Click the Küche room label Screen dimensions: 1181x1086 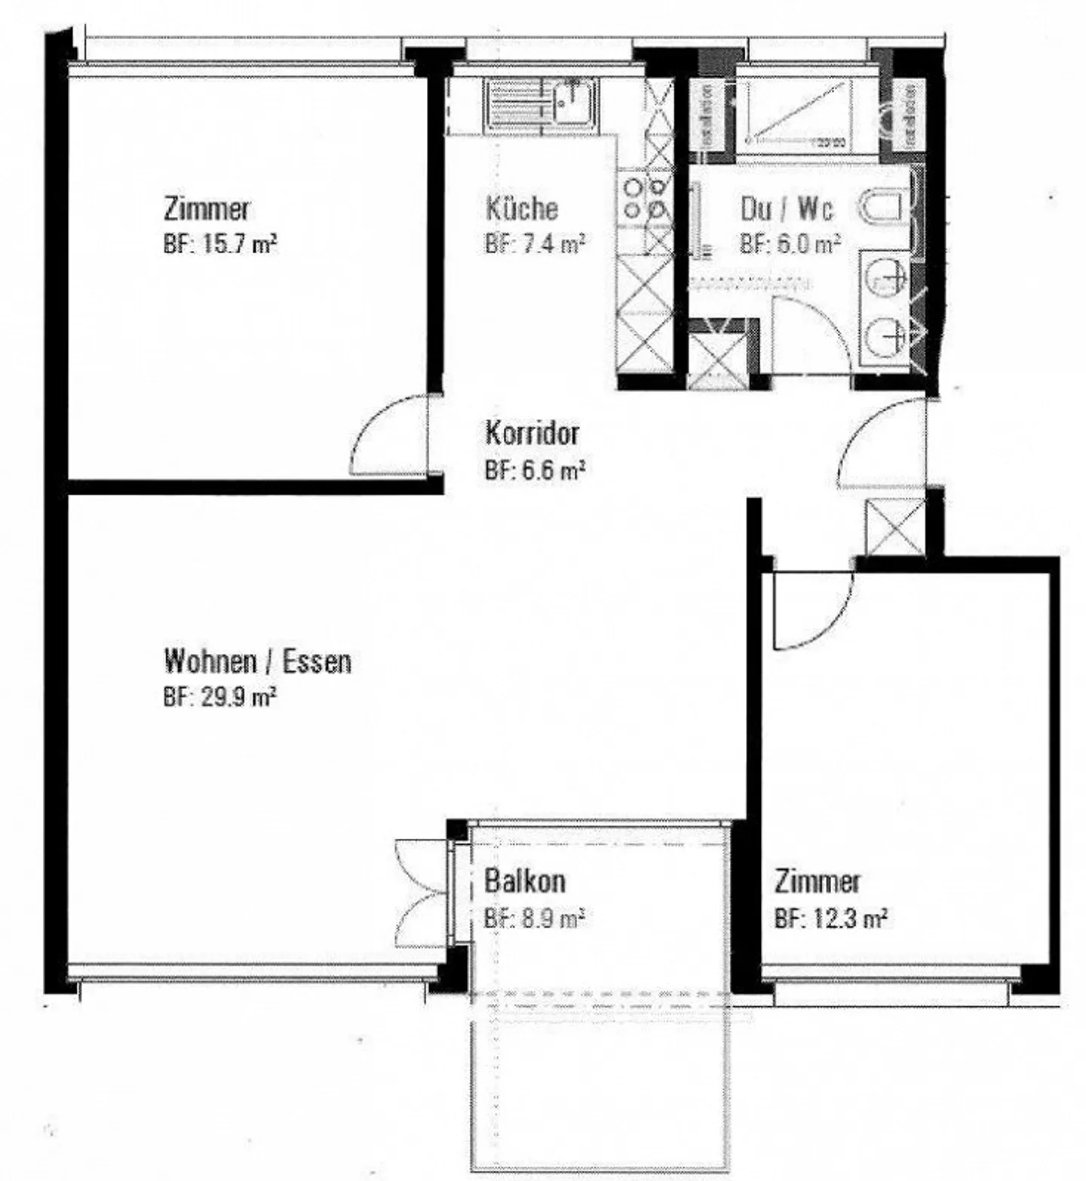click(521, 208)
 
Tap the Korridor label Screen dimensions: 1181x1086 click(532, 433)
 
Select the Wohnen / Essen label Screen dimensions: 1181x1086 click(257, 662)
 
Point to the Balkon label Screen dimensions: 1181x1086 click(525, 880)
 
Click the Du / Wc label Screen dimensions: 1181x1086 click(787, 208)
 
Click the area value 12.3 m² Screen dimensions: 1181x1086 click(830, 919)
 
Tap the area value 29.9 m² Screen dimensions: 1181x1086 click(219, 698)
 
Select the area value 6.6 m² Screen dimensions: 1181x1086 click(535, 471)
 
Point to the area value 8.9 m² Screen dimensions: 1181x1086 click(535, 919)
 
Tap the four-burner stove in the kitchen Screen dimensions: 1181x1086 click(646, 198)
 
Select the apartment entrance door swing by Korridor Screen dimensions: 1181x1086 click(882, 445)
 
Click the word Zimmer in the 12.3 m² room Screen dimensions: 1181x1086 click(818, 881)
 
